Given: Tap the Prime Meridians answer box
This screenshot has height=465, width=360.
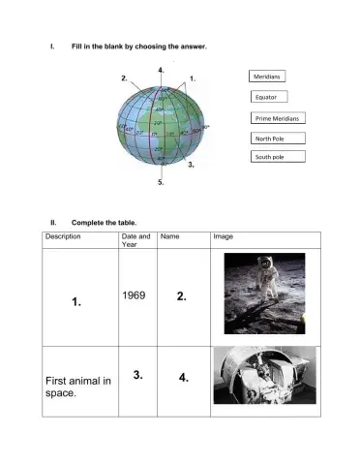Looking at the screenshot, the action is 277,118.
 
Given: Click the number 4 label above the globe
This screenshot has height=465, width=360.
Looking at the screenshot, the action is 160,71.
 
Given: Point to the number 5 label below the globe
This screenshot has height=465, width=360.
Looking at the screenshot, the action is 160,181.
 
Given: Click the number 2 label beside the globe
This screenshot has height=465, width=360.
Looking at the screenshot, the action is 124,76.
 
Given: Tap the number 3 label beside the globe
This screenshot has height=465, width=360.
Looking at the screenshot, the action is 191,166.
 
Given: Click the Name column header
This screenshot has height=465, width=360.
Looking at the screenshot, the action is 169,236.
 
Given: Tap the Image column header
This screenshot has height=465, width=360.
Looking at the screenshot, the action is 223,236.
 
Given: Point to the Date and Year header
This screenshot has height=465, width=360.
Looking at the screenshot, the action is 135,240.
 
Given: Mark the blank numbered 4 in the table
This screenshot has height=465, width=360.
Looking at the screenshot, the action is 183,378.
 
